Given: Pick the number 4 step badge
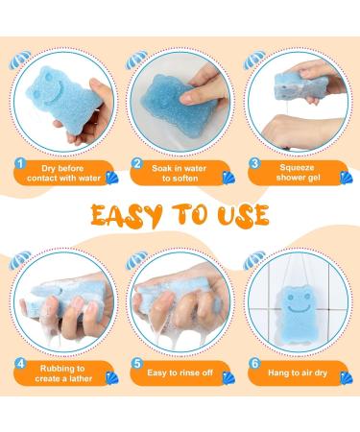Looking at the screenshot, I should [20, 365].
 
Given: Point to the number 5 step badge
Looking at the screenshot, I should [137, 365].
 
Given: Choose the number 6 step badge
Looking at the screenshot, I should [254, 365].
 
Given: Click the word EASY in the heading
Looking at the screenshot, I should [124, 212].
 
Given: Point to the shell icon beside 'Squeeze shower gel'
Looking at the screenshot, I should [343, 177].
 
